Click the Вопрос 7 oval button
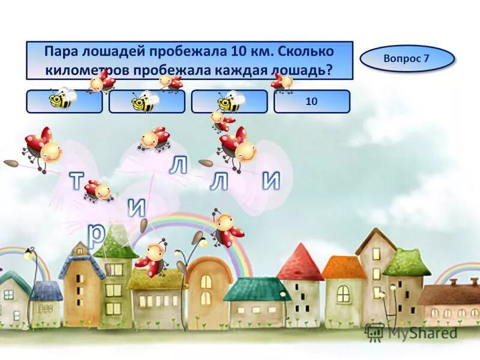tap(407, 59)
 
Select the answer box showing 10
tap(311, 102)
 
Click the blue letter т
tap(76, 181)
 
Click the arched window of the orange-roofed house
tap(343, 293)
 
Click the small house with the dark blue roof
tap(46, 300)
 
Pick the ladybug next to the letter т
tap(98, 191)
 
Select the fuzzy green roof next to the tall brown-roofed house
tap(406, 263)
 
